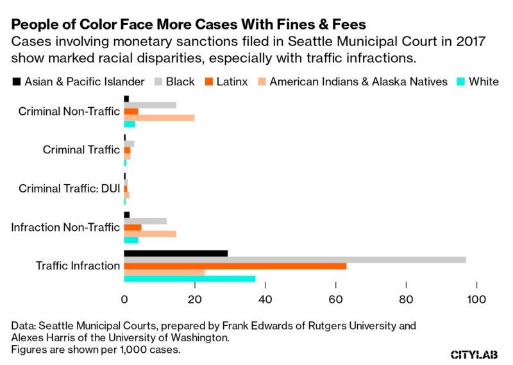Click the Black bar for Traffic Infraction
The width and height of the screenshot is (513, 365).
295,259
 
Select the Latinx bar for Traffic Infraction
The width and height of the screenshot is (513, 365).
235,266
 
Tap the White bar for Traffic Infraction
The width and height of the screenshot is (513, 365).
190,278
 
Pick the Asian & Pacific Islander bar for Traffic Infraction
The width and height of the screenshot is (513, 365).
176,253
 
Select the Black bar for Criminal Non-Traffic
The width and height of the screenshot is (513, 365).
150,105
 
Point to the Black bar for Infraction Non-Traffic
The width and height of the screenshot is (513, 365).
146,221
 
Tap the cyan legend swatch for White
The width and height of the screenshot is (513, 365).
459,81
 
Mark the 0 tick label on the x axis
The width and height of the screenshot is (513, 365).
124,299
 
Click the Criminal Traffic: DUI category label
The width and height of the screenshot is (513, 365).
69,189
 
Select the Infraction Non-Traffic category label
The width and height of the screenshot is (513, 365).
65,227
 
